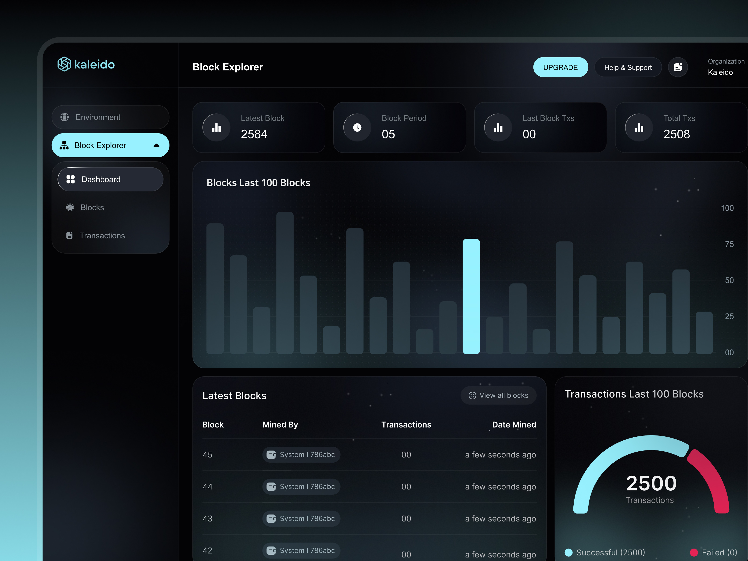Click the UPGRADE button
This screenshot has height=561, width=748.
560,67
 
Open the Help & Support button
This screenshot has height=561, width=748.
628,67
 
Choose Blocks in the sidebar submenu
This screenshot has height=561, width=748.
92,208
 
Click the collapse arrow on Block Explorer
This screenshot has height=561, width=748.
156,145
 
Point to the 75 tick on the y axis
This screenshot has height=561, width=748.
729,244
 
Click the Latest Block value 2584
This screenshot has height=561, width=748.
254,134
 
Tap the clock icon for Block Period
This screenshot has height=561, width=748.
357,127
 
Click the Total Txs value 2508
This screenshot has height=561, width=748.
676,134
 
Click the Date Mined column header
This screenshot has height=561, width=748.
514,425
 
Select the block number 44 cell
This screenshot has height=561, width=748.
208,487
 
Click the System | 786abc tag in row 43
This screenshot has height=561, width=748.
301,518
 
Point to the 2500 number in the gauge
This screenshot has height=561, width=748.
651,483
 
